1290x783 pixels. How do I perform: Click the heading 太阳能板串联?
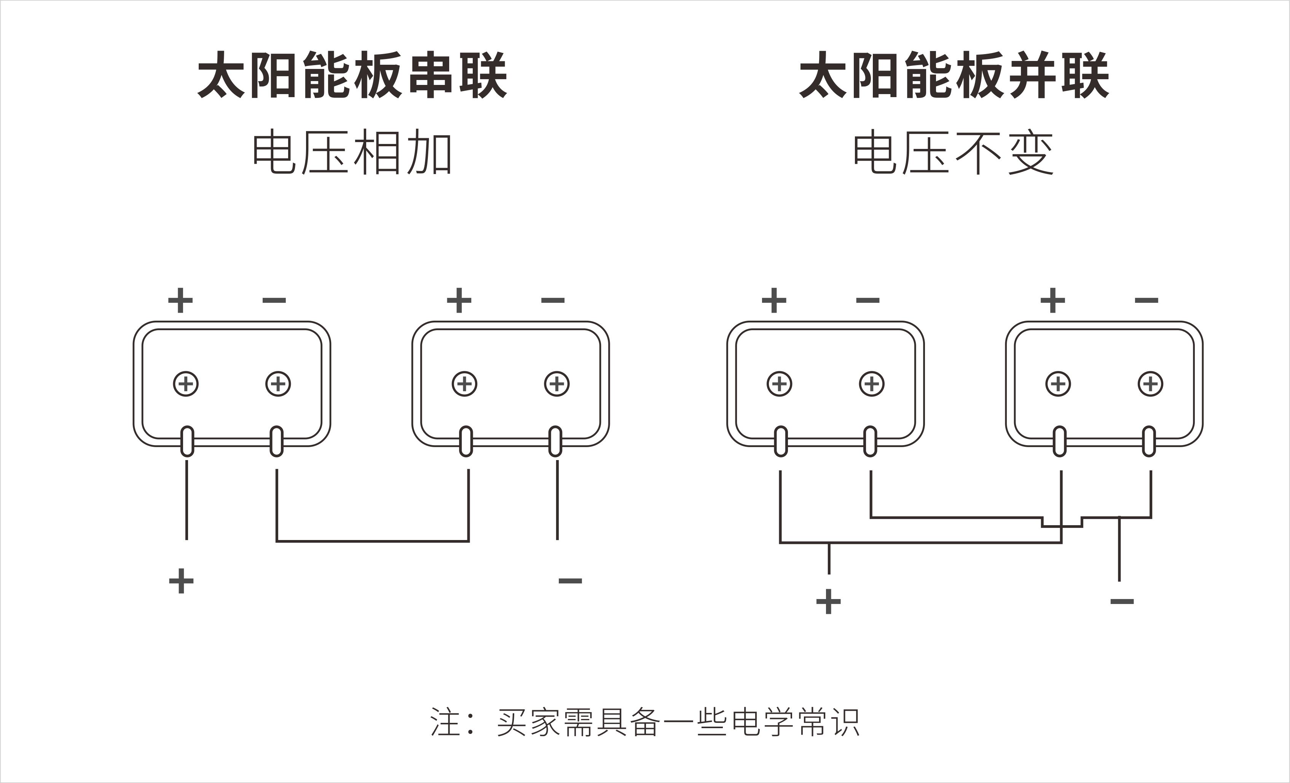(x=352, y=75)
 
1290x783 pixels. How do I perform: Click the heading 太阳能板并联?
(x=954, y=75)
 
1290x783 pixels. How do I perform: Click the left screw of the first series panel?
(x=186, y=384)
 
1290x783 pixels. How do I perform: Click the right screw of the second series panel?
(x=557, y=384)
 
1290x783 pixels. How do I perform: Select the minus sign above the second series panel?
(x=553, y=300)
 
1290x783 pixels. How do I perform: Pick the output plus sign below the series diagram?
(x=181, y=581)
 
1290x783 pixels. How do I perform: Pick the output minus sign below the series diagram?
(x=570, y=581)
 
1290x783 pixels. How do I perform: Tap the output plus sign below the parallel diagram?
(x=828, y=601)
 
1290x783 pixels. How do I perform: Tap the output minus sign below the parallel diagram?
(x=1122, y=601)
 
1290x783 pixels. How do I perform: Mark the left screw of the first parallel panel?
(x=780, y=384)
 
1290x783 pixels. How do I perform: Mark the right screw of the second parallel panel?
(x=1150, y=384)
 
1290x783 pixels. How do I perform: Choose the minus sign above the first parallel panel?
(x=867, y=300)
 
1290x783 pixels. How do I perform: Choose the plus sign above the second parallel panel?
(x=1053, y=300)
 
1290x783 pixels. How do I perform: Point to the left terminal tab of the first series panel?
(x=187, y=441)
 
